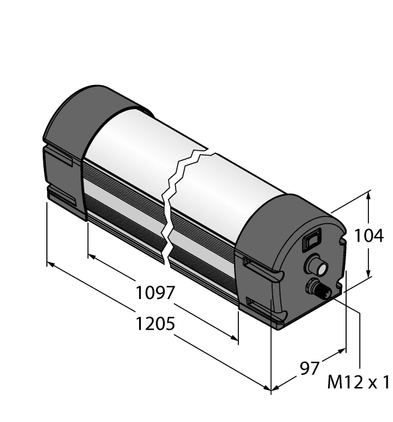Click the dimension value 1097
(x=155, y=294)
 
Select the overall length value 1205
(x=155, y=325)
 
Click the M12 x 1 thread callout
(x=359, y=382)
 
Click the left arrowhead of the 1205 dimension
(x=51, y=265)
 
